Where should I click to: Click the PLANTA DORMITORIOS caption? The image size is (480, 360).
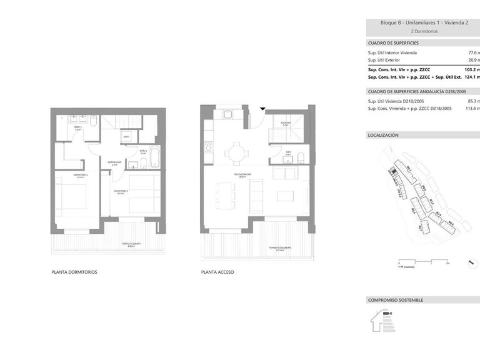coord(74,272)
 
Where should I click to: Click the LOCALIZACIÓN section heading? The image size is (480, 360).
coord(383,135)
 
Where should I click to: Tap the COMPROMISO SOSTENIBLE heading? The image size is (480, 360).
coord(396,300)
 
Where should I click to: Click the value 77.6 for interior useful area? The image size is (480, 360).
coord(473,53)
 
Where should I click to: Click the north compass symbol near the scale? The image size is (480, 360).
coord(471,264)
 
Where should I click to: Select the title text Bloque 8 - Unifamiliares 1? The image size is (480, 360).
coord(413,23)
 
